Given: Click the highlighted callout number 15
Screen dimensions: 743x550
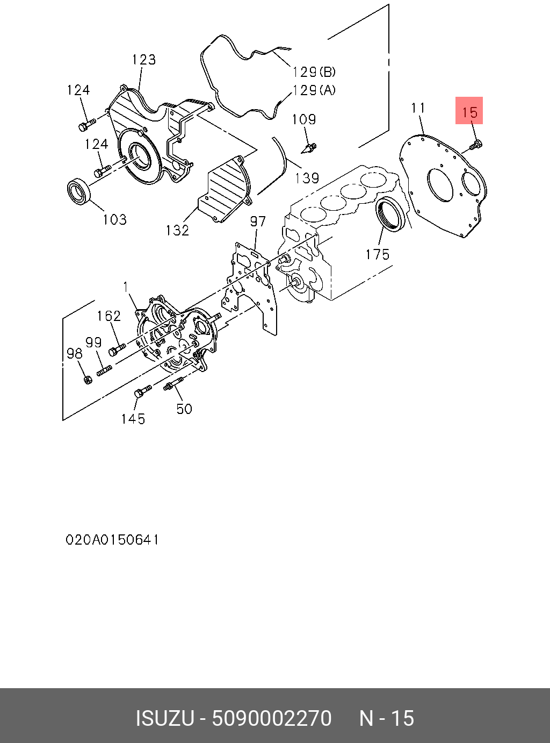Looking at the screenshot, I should [469, 112].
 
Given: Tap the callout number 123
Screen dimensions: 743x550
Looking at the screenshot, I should [144, 59].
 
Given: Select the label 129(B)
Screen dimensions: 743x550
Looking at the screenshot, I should [314, 72].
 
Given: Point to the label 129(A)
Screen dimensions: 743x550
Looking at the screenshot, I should [314, 90].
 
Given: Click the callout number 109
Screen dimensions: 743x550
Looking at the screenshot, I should [304, 119].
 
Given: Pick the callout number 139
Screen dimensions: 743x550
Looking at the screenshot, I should [307, 178].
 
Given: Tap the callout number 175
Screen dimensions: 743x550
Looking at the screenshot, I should [378, 254].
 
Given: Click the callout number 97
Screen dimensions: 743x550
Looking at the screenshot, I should [258, 222].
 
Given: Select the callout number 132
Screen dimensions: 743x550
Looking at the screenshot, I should [177, 230].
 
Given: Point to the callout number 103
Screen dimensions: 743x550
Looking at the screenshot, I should [115, 219].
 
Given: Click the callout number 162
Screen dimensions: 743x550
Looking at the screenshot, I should [109, 316].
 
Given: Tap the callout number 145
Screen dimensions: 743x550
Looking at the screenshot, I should [133, 419].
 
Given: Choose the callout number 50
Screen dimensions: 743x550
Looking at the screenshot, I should [184, 409].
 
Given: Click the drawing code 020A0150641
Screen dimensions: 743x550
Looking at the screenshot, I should [112, 539].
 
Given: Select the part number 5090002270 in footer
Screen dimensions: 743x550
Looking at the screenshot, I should [272, 718].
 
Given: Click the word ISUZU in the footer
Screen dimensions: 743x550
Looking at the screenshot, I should [164, 718].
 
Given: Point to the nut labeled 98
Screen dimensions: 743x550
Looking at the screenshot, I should [88, 380].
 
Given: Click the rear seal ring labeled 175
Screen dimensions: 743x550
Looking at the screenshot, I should [390, 213].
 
